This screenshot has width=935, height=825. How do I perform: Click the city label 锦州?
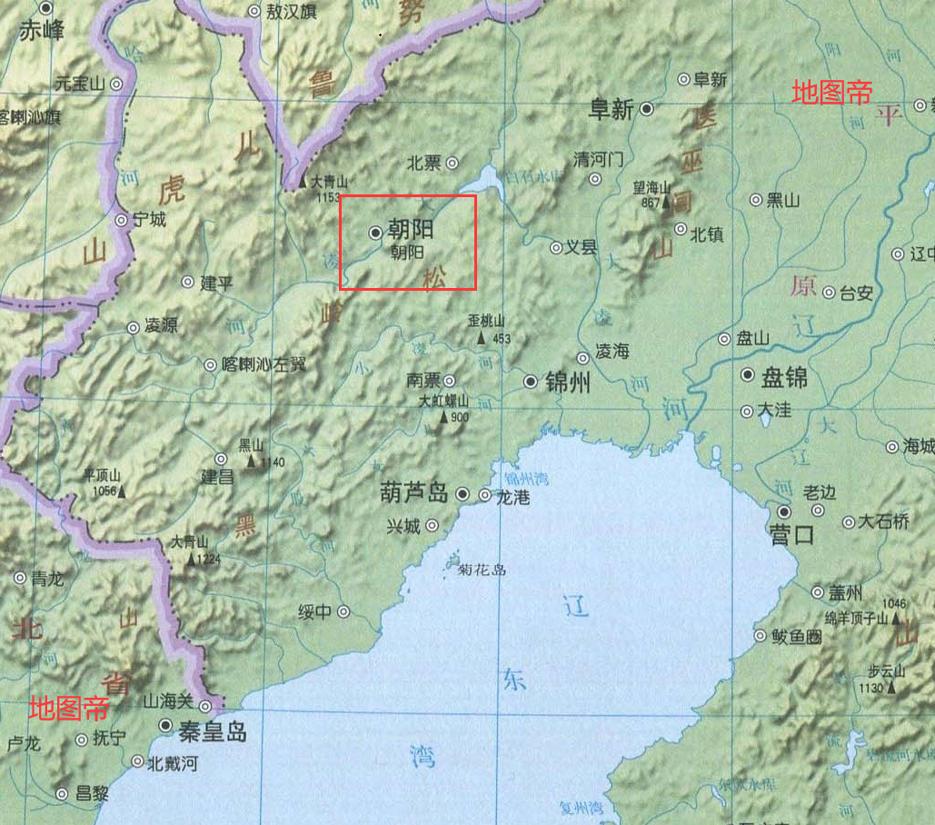[x=568, y=382]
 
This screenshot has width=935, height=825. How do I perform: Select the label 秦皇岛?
[x=213, y=731]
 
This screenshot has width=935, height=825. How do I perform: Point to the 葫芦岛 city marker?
[x=463, y=494]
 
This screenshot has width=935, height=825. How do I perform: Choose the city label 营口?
[x=791, y=534]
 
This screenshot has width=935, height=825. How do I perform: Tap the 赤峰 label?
[x=42, y=32]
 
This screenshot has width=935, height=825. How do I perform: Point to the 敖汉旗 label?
[x=292, y=12]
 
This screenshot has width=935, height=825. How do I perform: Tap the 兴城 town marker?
[x=433, y=524]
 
